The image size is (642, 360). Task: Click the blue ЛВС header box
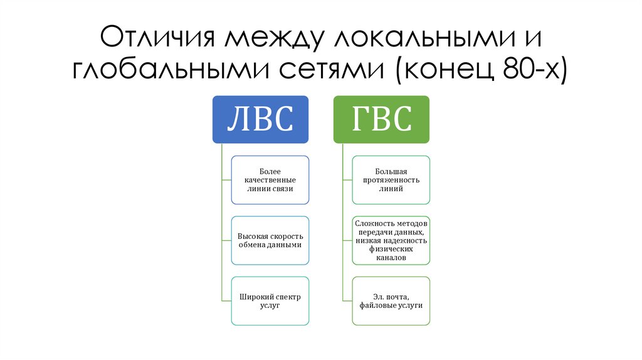pyautogui.click(x=260, y=119)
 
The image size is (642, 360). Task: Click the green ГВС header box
pyautogui.click(x=381, y=119)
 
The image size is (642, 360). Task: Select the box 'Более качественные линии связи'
pyautogui.click(x=270, y=180)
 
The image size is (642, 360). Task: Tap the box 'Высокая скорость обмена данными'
pyautogui.click(x=270, y=240)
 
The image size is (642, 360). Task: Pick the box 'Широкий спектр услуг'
pyautogui.click(x=270, y=300)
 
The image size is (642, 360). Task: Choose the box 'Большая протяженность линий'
pyautogui.click(x=391, y=180)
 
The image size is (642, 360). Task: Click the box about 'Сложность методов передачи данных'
pyautogui.click(x=391, y=240)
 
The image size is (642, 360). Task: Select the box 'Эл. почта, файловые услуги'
pyautogui.click(x=391, y=300)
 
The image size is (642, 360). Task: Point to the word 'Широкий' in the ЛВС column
pyautogui.click(x=255, y=296)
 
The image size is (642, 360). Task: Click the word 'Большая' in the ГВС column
pyautogui.click(x=391, y=171)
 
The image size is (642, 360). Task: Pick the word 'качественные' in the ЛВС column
pyautogui.click(x=270, y=180)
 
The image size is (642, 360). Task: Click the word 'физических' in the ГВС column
pyautogui.click(x=391, y=249)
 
